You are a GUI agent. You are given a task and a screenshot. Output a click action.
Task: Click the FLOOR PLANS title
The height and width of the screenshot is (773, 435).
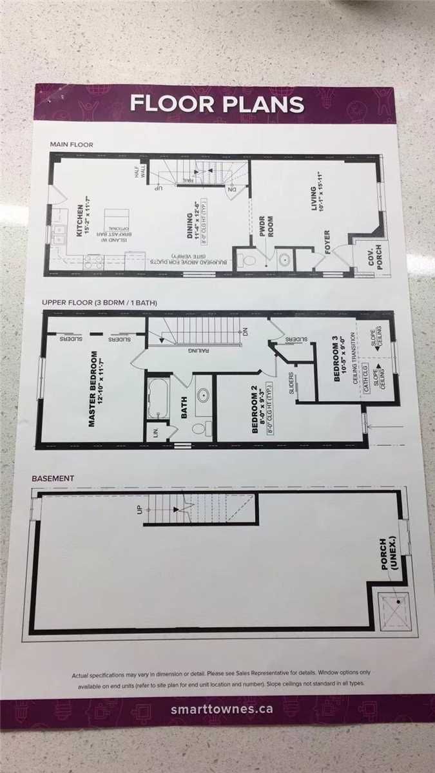pos(217,104)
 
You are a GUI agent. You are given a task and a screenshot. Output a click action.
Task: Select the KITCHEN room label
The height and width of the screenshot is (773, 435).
pos(80,218)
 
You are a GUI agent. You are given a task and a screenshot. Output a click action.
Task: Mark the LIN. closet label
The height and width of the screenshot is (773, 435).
pos(154,431)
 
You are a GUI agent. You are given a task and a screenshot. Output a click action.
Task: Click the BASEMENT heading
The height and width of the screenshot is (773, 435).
pos(53,479)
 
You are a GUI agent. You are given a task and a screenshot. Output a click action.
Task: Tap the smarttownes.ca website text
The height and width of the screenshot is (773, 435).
pos(217,710)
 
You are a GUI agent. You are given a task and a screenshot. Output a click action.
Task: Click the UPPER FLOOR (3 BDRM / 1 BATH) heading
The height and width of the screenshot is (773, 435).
pos(100,302)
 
